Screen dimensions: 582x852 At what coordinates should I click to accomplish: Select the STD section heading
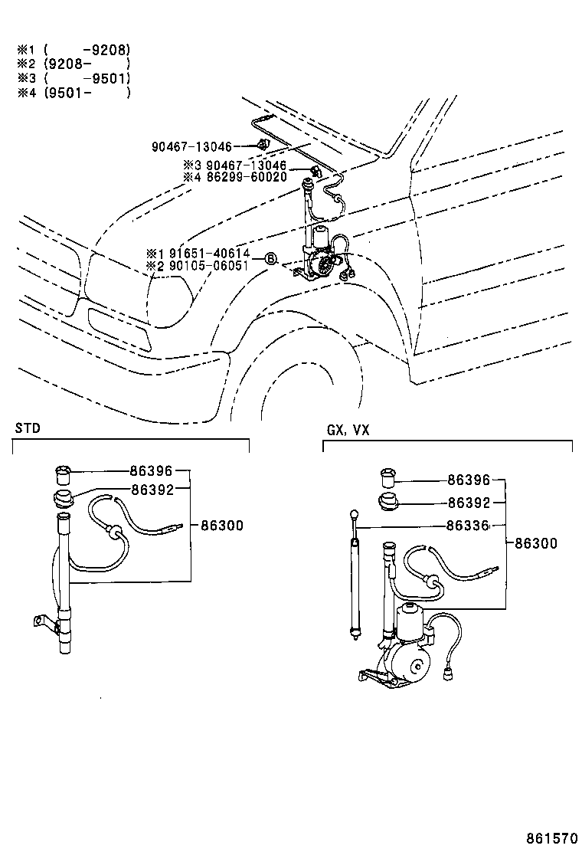(28, 428)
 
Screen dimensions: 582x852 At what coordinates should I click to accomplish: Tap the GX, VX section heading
(348, 430)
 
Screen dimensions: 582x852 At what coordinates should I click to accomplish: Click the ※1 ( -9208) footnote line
(74, 50)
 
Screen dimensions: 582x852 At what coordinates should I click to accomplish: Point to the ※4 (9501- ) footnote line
(74, 93)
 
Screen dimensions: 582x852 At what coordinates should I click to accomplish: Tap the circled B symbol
(271, 259)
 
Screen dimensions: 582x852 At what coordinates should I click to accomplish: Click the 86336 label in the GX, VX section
(468, 526)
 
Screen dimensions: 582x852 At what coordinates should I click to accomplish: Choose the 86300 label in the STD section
(222, 526)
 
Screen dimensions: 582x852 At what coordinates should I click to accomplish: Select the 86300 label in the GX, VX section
(536, 543)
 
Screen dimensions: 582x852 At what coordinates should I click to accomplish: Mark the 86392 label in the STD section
(152, 490)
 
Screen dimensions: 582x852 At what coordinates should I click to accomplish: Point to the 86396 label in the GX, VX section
(469, 480)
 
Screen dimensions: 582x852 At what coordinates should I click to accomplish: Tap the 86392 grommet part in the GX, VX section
(387, 502)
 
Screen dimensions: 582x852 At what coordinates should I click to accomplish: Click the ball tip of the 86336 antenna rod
(355, 513)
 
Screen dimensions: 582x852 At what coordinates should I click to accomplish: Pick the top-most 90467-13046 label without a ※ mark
(191, 146)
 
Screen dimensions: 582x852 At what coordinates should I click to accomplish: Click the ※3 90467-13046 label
(235, 165)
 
